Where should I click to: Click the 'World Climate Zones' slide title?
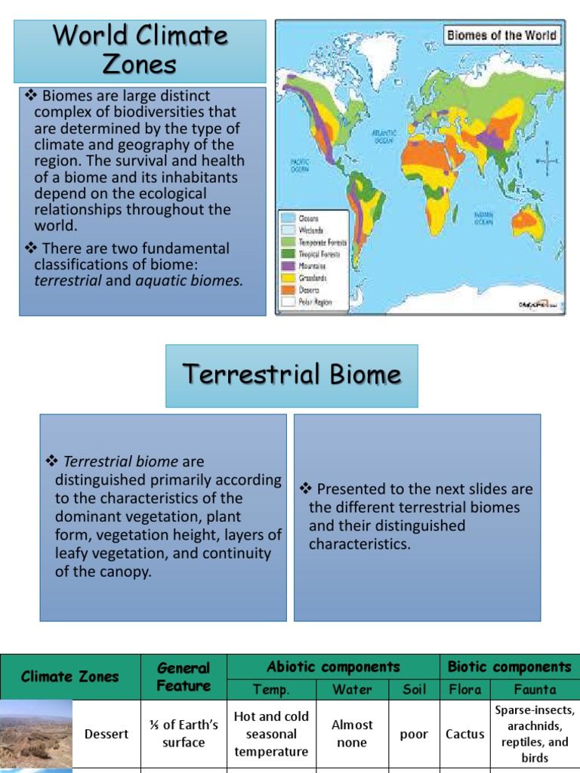(140, 50)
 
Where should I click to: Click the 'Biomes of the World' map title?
(501, 35)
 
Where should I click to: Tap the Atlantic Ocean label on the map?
(384, 135)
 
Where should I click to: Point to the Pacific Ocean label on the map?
(301, 164)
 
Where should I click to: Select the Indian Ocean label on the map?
(484, 218)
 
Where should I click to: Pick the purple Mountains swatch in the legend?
(288, 266)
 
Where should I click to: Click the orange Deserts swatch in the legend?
(288, 289)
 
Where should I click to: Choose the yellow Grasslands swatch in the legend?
(288, 278)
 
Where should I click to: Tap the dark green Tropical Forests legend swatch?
(288, 254)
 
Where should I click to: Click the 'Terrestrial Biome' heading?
(292, 375)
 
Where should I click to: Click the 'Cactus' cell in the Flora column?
(465, 734)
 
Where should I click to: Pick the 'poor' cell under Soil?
(414, 734)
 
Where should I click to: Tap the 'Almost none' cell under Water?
(352, 733)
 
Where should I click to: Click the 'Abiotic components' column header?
(333, 667)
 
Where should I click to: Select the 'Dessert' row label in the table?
(106, 734)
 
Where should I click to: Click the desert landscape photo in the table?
(36, 734)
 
